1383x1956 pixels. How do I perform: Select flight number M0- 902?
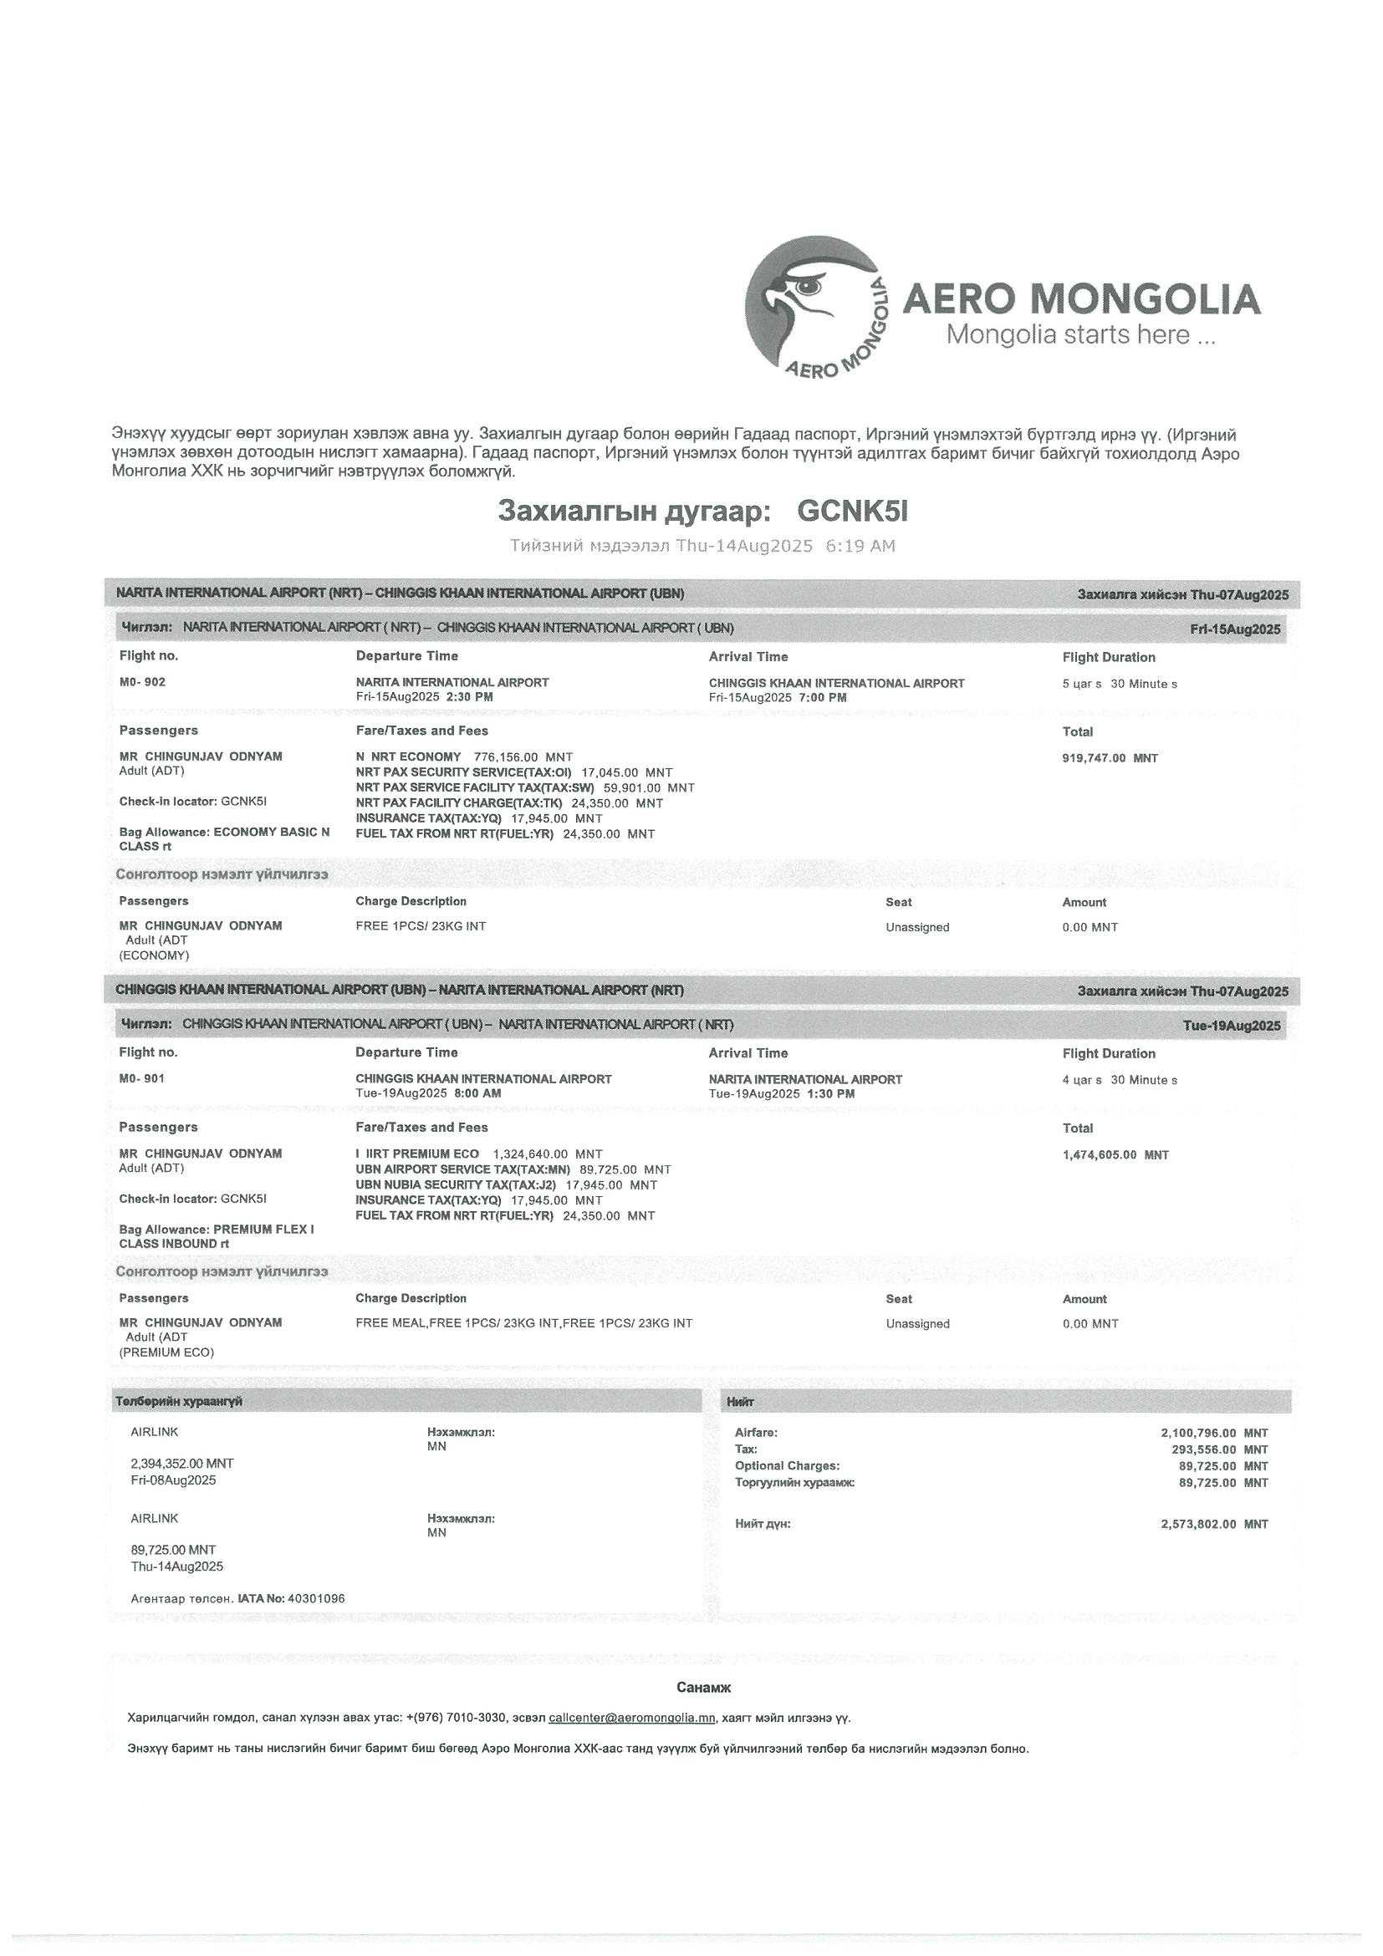(x=142, y=682)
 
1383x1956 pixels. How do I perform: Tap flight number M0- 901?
(x=142, y=1078)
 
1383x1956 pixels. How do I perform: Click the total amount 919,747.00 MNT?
(x=1110, y=758)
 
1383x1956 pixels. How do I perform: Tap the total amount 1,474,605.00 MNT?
(x=1115, y=1155)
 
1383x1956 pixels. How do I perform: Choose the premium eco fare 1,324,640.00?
(x=530, y=1154)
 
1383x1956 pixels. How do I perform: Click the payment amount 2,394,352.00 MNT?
(x=181, y=1464)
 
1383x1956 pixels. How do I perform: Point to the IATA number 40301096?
(x=316, y=1599)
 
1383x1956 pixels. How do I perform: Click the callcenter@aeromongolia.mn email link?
(x=631, y=1719)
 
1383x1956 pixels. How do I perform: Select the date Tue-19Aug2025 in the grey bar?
(x=1232, y=1026)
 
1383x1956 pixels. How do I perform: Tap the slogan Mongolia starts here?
(x=1080, y=335)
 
